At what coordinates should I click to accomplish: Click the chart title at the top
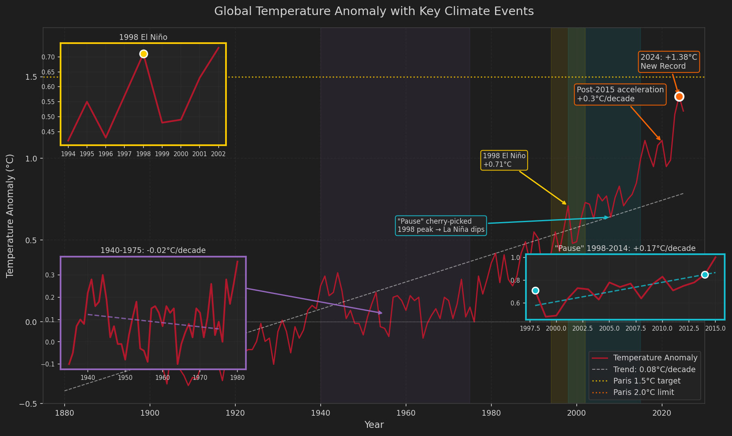point(374,11)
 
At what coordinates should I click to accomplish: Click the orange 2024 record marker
point(679,96)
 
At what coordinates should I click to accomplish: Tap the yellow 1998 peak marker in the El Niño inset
point(143,54)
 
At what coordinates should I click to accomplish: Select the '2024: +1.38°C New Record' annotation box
point(668,62)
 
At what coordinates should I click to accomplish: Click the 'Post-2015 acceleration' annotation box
point(620,94)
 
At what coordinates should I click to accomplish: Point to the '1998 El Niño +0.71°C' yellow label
point(504,160)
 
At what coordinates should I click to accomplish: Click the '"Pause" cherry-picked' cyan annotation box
point(441,226)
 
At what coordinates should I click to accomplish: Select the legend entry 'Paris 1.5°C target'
point(647,381)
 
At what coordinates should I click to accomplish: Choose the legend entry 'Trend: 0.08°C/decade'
point(654,370)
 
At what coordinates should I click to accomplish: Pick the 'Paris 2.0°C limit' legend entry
point(643,392)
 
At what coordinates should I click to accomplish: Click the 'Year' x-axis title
point(374,425)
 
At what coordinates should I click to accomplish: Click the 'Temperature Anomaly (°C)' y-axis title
point(10,216)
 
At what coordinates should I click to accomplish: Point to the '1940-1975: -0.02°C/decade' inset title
point(153,251)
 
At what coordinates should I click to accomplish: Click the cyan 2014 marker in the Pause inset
point(705,275)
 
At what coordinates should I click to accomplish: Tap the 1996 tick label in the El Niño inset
point(106,154)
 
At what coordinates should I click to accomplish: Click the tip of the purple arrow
point(382,313)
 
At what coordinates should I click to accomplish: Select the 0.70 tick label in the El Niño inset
point(48,57)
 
